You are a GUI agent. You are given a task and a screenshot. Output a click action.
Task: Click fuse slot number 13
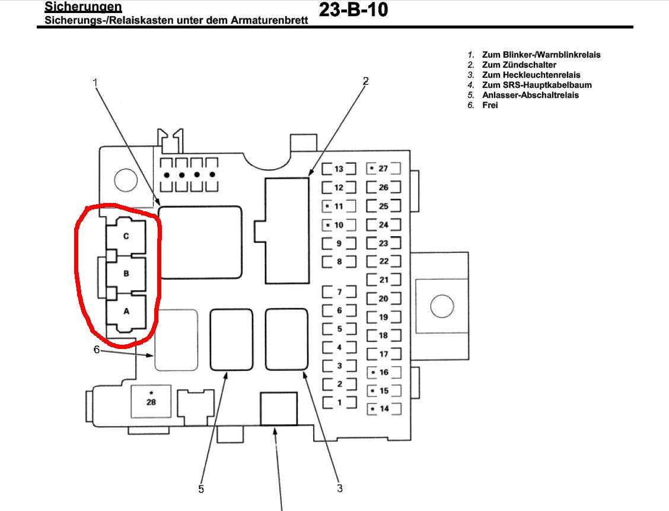(x=339, y=169)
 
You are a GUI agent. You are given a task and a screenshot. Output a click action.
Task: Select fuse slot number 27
(x=383, y=169)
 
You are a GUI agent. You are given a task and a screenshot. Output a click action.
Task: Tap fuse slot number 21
(x=383, y=280)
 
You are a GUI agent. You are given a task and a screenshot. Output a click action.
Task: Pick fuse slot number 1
(x=339, y=402)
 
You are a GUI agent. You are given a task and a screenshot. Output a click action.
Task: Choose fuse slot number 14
(x=383, y=409)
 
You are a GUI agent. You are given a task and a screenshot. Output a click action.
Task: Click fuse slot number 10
(x=339, y=226)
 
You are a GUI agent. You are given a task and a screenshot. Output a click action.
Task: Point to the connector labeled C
(x=126, y=236)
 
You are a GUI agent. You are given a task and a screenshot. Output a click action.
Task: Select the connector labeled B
(x=126, y=274)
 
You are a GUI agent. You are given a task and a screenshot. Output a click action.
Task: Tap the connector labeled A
(x=126, y=311)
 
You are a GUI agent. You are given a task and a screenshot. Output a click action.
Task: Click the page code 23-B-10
(x=353, y=10)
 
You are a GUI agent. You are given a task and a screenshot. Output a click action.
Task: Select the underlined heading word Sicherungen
(x=84, y=7)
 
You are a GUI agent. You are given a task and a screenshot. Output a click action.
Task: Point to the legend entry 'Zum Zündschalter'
(x=519, y=65)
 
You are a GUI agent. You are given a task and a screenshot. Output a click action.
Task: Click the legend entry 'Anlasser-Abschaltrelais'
(x=530, y=95)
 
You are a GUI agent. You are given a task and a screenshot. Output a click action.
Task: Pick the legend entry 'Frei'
(x=490, y=105)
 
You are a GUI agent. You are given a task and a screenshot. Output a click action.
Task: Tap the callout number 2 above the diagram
(x=365, y=81)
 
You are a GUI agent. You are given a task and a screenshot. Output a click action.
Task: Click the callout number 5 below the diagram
(x=202, y=489)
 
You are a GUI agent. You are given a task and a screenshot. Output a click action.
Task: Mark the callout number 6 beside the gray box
(x=97, y=349)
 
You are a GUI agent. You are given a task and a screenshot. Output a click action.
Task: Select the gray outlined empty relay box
(x=176, y=340)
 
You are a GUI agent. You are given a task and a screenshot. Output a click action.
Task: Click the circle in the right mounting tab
(x=441, y=307)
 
